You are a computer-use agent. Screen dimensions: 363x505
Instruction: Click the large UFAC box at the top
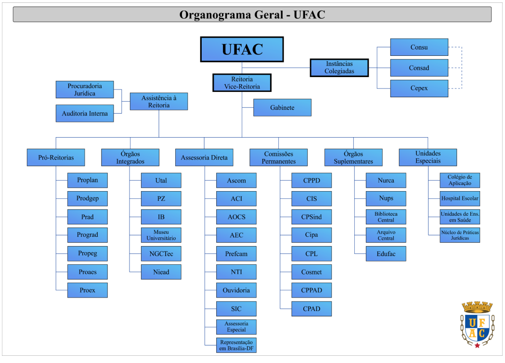(242, 49)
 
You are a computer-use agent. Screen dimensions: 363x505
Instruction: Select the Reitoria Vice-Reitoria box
(242, 83)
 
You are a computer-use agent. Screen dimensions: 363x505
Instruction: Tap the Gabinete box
(282, 107)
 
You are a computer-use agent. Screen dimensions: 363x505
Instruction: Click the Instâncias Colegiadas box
(339, 67)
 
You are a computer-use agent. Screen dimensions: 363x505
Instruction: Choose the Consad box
(419, 68)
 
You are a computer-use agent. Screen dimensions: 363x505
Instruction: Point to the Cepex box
(419, 89)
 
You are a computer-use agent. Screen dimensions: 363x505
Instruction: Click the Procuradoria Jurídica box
(85, 90)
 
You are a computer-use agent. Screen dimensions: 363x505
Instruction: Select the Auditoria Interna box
(85, 114)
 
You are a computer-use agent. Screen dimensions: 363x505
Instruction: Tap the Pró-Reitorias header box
(56, 157)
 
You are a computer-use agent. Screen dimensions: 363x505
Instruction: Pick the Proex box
(87, 290)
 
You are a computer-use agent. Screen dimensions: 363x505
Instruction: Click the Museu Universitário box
(161, 235)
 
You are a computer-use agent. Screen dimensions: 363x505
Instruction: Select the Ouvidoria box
(236, 290)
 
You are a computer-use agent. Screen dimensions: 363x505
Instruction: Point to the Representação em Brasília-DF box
(236, 345)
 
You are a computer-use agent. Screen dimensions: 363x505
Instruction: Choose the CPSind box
(311, 217)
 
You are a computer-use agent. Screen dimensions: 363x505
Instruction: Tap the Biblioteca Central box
(386, 217)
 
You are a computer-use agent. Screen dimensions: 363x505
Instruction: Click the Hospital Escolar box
(460, 198)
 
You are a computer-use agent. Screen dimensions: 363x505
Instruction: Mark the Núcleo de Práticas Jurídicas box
(460, 235)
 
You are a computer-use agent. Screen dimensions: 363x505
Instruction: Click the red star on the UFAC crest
(477, 345)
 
